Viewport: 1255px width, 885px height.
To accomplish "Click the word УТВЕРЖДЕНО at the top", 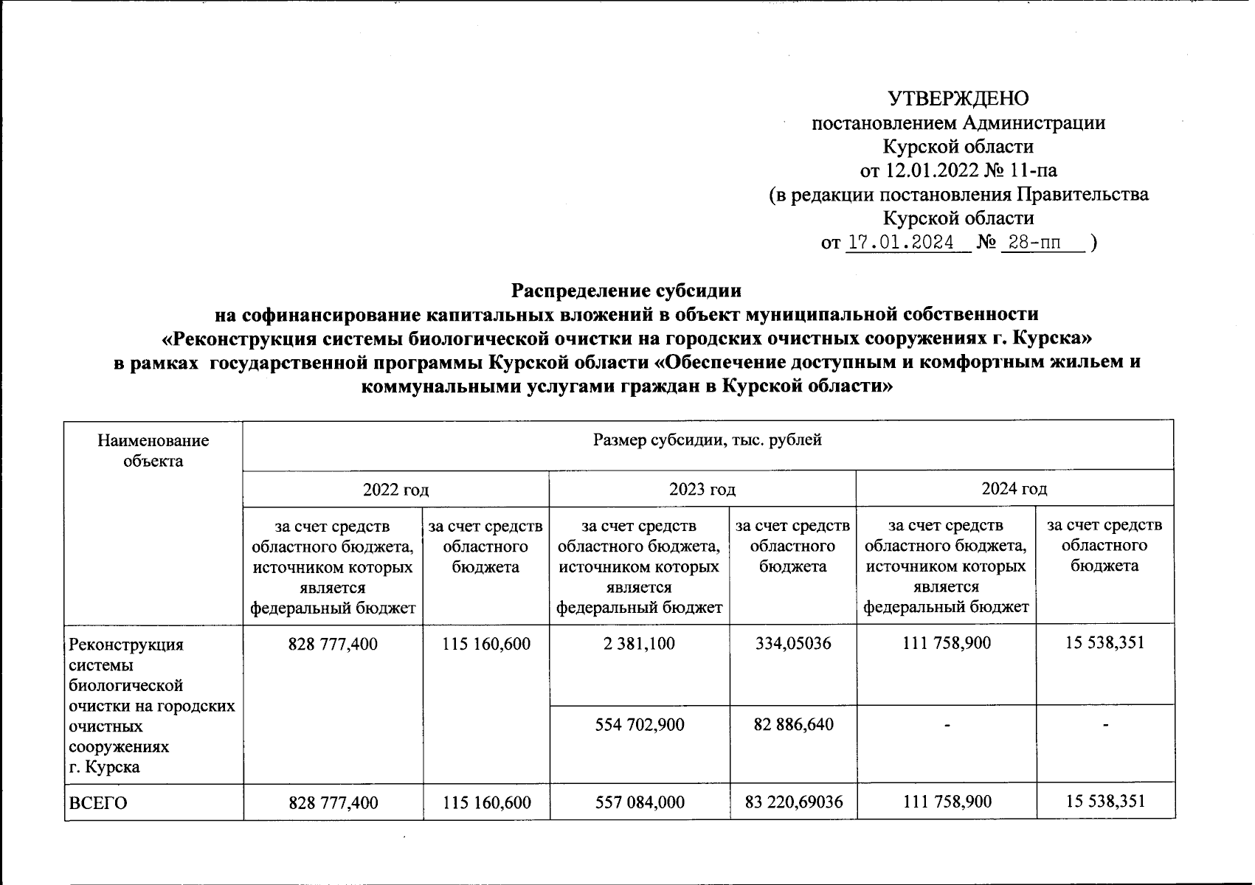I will pos(958,98).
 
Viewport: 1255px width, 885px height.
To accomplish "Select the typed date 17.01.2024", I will pos(901,243).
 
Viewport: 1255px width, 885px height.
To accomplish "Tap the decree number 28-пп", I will pos(1035,243).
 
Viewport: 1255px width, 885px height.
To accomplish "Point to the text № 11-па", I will pos(1020,171).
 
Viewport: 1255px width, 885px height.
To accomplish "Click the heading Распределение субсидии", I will pos(626,290).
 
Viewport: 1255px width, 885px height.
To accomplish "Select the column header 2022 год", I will pos(395,489).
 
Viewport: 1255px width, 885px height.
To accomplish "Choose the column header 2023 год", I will pos(702,489).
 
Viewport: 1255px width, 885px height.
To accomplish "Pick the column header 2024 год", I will pos(1014,488).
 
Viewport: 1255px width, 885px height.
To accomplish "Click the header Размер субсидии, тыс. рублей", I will pos(707,440).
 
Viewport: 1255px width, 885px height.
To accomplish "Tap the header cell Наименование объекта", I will pos(153,451).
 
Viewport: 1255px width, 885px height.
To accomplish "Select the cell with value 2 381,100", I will pos(639,644).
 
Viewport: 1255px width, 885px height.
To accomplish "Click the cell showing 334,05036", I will pos(793,644).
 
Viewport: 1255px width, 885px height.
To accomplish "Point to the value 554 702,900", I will pos(640,725).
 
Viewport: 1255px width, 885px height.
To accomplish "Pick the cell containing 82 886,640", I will pos(793,724).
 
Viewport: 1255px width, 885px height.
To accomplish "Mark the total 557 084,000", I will pos(640,802).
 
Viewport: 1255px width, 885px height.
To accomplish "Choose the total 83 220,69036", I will pos(794,802).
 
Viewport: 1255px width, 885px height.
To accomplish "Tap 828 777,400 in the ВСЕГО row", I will pos(333,802).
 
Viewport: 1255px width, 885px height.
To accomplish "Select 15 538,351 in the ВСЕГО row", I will pos(1105,801).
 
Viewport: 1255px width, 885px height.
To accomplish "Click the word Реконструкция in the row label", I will pos(125,645).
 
